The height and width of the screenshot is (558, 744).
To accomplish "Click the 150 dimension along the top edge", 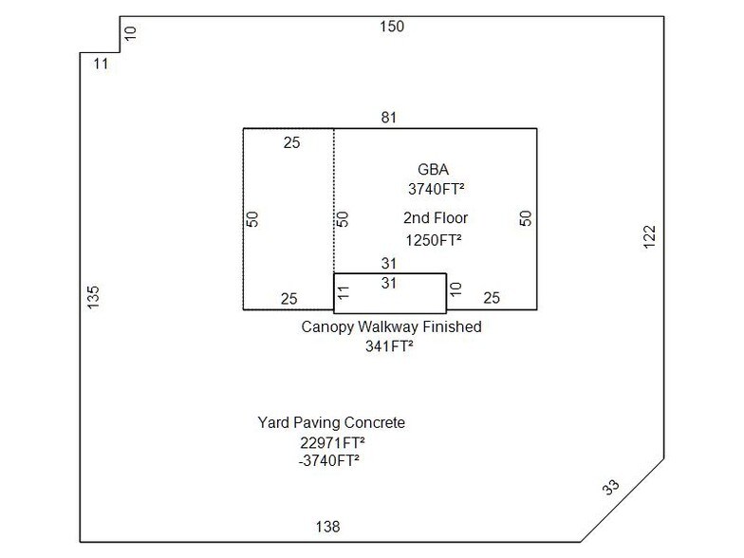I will [392, 27].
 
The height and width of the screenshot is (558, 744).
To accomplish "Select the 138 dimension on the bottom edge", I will [327, 527].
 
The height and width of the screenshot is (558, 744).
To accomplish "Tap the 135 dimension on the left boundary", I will [93, 297].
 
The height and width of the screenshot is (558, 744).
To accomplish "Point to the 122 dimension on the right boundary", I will [649, 236].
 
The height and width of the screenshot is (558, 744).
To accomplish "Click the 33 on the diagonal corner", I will [613, 489].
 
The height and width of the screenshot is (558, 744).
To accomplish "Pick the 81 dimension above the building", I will [388, 118].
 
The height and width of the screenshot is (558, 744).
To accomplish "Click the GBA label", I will [434, 169].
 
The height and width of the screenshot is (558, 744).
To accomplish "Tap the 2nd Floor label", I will [436, 218].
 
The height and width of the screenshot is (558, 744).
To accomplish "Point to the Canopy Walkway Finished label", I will [392, 326].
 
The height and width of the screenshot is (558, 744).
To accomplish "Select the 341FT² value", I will [389, 346].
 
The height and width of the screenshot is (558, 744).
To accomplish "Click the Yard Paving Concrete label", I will [331, 422].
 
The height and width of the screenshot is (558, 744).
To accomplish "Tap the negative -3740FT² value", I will [329, 461].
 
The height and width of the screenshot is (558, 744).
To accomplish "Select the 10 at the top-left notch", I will [131, 33].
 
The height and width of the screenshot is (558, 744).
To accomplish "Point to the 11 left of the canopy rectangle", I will [344, 293].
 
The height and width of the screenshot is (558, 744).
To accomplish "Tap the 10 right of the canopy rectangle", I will [456, 288].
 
